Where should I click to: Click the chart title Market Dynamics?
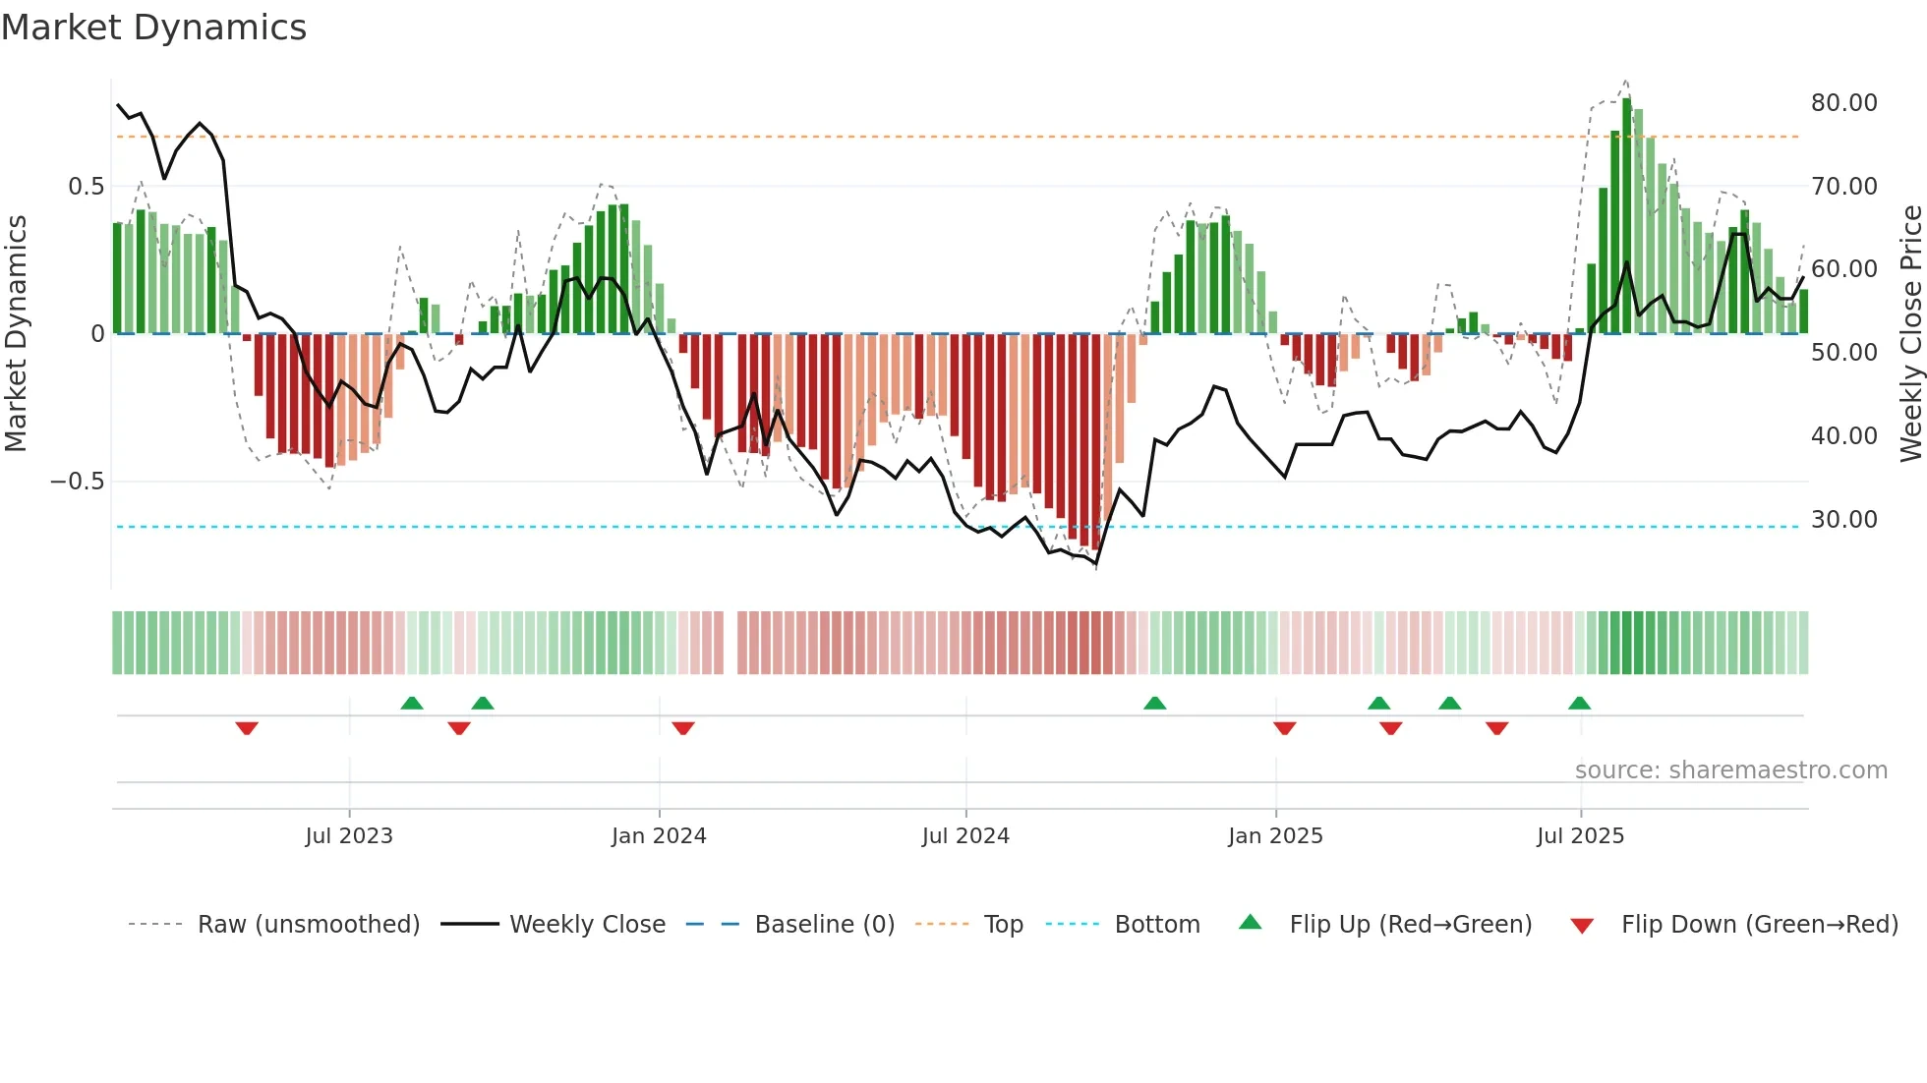coord(153,28)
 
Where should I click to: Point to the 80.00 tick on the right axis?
coord(1843,103)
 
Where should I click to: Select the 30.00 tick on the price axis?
coord(1843,520)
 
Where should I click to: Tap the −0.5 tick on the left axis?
coord(77,482)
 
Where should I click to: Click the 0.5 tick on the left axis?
coord(86,187)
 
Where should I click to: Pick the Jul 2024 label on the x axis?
coord(965,836)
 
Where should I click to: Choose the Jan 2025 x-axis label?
coord(1275,836)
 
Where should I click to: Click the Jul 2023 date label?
coord(349,836)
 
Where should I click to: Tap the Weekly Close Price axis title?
coord(1910,334)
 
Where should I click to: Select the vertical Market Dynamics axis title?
coord(16,334)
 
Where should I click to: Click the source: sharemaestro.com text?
coord(1730,770)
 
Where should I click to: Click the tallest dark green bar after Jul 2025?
coord(1627,216)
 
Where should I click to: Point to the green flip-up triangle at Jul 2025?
coord(1580,703)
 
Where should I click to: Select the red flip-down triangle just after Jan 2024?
coord(683,728)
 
